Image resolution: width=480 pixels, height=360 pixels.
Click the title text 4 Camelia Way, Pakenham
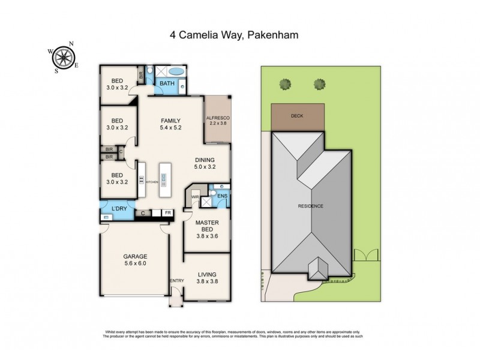point(239,35)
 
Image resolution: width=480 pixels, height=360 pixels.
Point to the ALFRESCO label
point(217,118)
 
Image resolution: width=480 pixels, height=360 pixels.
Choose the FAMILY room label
point(170,120)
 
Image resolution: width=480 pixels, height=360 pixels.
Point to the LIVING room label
point(207,275)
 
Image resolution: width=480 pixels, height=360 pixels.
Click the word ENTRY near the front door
point(177,281)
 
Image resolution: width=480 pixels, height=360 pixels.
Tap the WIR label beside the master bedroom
point(194,197)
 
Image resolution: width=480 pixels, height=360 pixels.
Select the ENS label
point(222,196)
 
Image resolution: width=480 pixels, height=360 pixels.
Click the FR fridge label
point(169,212)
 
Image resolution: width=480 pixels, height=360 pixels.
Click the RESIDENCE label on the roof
point(311,206)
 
